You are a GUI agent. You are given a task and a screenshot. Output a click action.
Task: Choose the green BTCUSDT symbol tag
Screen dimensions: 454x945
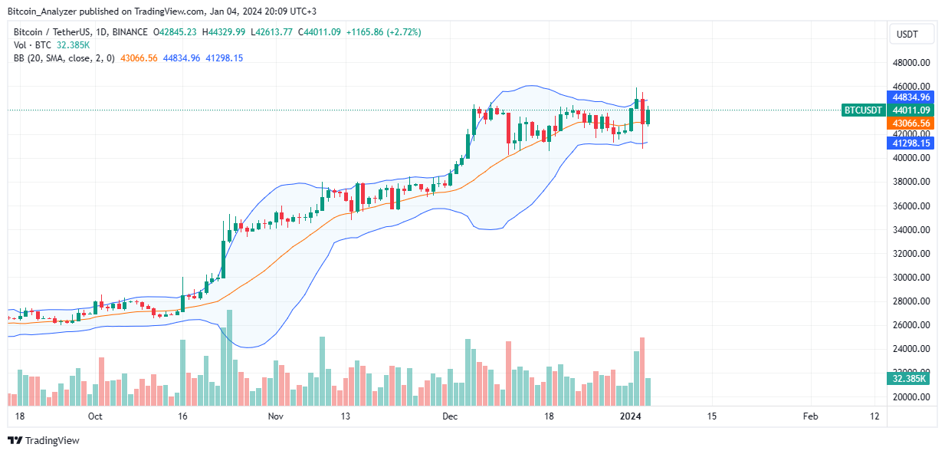point(863,110)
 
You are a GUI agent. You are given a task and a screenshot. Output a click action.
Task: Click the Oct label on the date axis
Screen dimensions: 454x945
point(95,416)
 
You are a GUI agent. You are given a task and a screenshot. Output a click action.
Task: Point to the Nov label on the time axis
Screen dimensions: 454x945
point(276,416)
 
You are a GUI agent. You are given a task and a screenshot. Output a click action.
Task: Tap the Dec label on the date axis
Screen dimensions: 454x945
point(450,416)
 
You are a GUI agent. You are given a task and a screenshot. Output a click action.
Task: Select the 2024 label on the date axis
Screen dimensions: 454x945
point(631,416)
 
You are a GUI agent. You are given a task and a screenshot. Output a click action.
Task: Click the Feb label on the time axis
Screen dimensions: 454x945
point(810,416)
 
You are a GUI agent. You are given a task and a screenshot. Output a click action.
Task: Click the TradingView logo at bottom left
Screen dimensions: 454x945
point(44,441)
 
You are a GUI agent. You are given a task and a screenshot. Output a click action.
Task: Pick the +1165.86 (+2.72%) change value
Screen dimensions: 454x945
point(394,32)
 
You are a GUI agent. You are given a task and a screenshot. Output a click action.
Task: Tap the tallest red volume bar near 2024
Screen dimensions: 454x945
point(642,371)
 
